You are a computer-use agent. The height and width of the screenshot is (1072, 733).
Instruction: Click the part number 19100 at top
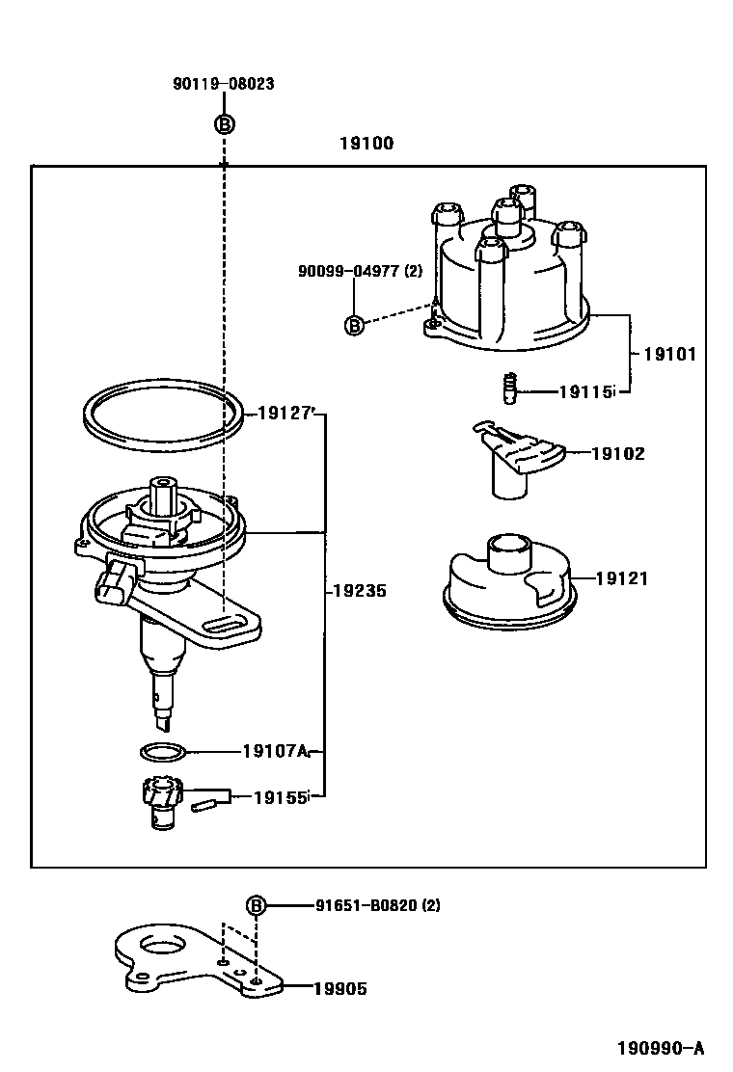click(x=366, y=144)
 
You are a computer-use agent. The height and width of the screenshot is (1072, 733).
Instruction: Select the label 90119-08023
click(x=224, y=84)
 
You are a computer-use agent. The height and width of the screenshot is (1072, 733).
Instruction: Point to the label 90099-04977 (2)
click(x=361, y=271)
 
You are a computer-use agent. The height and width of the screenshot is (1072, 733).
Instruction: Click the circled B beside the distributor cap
click(x=354, y=326)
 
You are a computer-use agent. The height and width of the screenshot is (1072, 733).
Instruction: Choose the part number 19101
click(x=669, y=354)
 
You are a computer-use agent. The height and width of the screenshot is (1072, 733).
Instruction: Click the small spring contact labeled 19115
click(x=509, y=389)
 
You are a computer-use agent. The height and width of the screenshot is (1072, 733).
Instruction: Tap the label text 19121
click(x=621, y=578)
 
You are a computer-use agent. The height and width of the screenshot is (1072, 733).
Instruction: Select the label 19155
click(x=281, y=797)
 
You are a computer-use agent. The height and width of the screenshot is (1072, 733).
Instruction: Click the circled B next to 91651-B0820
click(x=256, y=905)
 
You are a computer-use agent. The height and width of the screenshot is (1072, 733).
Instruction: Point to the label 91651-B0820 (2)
click(x=377, y=905)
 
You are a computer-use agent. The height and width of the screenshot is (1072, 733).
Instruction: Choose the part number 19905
click(x=339, y=988)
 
